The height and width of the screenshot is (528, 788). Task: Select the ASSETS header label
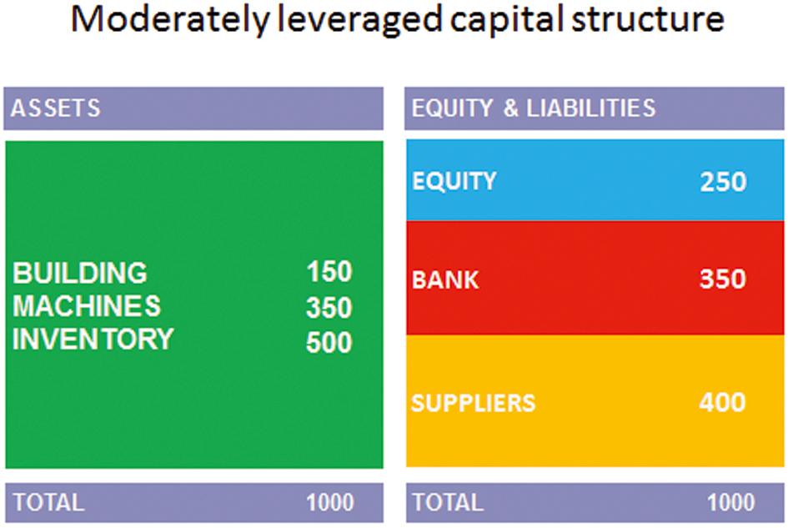pos(56,108)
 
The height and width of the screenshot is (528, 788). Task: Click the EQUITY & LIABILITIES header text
pos(534,108)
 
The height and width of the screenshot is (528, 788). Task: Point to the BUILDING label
pos(80,273)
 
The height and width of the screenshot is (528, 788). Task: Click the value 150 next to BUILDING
pos(329,272)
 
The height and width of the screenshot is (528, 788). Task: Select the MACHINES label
pos(87,306)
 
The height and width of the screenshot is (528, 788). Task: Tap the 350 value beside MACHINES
pos(329,307)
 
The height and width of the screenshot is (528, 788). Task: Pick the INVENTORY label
pos(93,339)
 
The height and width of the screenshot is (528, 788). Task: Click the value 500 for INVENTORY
pos(329,343)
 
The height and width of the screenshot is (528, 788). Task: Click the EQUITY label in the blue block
pos(454,181)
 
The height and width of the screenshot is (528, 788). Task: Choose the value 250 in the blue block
pos(723,182)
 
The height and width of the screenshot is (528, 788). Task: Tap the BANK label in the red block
pos(445,279)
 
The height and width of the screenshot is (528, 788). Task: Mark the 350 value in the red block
pos(723,279)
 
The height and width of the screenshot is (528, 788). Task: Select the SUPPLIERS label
pos(474,403)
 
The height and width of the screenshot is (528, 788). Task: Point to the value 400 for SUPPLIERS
pos(722,402)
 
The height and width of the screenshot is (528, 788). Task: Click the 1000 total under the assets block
pos(330,502)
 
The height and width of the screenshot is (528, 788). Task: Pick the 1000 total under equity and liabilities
pos(731,502)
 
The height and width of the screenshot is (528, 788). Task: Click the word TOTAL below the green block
pos(48,502)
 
